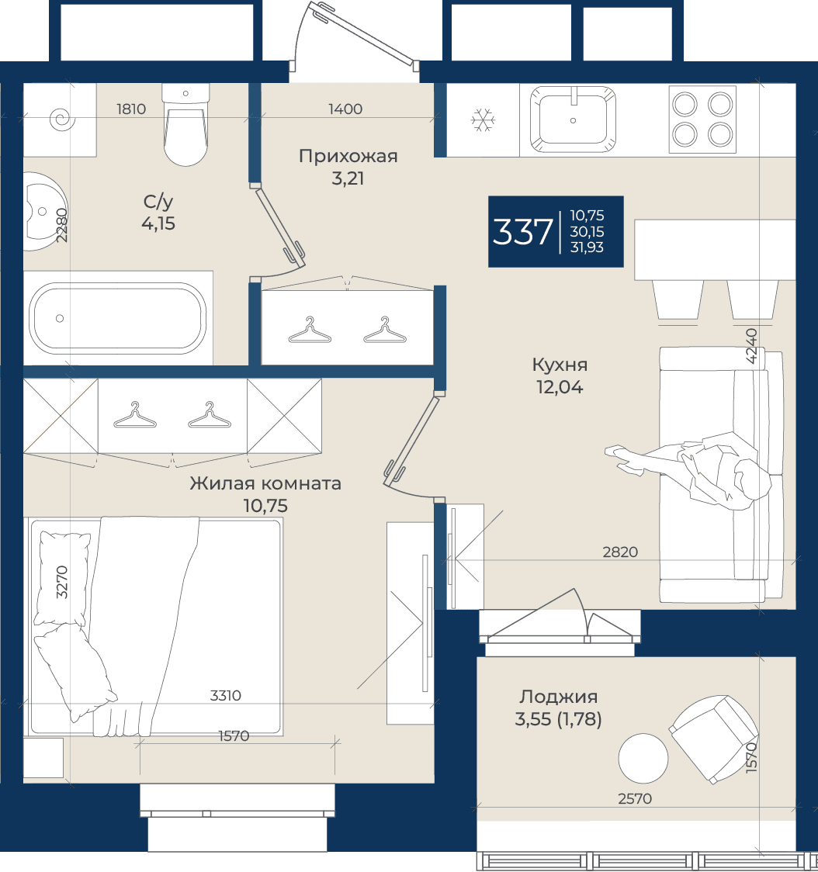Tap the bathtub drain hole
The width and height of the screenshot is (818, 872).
pos(60,319)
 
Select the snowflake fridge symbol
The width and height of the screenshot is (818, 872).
pos(483,120)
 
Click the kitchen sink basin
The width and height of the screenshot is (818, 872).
pos(573,119)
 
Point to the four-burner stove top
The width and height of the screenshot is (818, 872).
pos(702,119)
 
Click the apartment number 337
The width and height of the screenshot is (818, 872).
pos(522,232)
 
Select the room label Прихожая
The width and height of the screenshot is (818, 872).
pos(348,156)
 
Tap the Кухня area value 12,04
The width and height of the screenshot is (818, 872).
pos(560,387)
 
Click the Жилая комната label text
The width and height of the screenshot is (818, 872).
pos(265,483)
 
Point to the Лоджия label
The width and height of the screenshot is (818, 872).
pos(559,697)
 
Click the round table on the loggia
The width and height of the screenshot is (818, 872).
pos(643,758)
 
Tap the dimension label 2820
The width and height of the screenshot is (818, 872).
pos(620,552)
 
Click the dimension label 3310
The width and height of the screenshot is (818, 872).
pos(225,696)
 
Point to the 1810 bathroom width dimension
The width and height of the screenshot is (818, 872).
pos(131,109)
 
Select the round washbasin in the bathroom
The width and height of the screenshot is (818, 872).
pos(44,211)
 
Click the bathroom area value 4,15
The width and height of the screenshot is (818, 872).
pos(158,223)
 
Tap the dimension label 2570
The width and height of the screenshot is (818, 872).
pos(635,799)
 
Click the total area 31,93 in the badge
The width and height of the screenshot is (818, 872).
pos(587,247)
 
